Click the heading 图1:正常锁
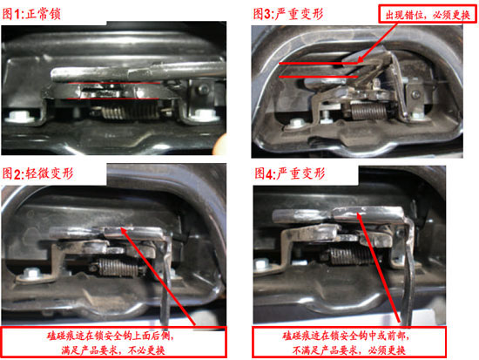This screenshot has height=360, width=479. coord(31,14)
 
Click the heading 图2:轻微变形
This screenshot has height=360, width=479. coord(37,173)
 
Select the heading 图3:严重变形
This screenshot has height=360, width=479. coord(288,14)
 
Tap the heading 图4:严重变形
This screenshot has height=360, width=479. coord(290,173)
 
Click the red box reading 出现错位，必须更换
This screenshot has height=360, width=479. coord(428,14)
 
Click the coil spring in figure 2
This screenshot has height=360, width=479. coord(118,268)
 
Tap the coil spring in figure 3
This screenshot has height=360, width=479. coord(368,111)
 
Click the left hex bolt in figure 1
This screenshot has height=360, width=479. coord(17,117)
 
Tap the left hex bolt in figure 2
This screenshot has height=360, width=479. coord(30,272)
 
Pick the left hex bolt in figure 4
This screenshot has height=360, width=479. coord(262,263)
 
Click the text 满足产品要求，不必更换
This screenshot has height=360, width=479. coord(113,350)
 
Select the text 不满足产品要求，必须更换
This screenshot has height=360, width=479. coord(349,350)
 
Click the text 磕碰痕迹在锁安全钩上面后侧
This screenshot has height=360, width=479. coord(111,336)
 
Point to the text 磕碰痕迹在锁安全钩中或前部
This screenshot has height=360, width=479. coord(346,336)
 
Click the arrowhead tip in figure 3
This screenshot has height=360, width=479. coord(358,62)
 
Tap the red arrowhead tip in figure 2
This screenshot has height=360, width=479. coord(121,228)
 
